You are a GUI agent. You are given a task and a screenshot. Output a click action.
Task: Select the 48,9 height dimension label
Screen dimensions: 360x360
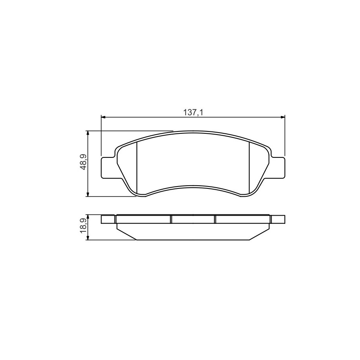83,162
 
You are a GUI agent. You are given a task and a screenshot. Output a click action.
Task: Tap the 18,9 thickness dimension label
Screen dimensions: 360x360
83,226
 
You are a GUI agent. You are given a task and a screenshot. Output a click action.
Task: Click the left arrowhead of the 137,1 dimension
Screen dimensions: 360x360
103,117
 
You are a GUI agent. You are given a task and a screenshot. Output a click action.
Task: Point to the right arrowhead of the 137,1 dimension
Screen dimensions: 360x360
282,117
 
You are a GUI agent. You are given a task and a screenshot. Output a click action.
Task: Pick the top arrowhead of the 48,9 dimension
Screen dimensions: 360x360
87,133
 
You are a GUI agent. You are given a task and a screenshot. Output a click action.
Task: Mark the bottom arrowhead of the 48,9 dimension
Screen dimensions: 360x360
87,194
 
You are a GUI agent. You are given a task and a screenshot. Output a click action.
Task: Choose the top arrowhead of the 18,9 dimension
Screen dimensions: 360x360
87,217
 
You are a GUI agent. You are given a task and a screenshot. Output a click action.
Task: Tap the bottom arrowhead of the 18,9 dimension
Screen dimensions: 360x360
87,238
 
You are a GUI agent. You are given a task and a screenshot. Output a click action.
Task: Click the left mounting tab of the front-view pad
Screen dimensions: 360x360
108,168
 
